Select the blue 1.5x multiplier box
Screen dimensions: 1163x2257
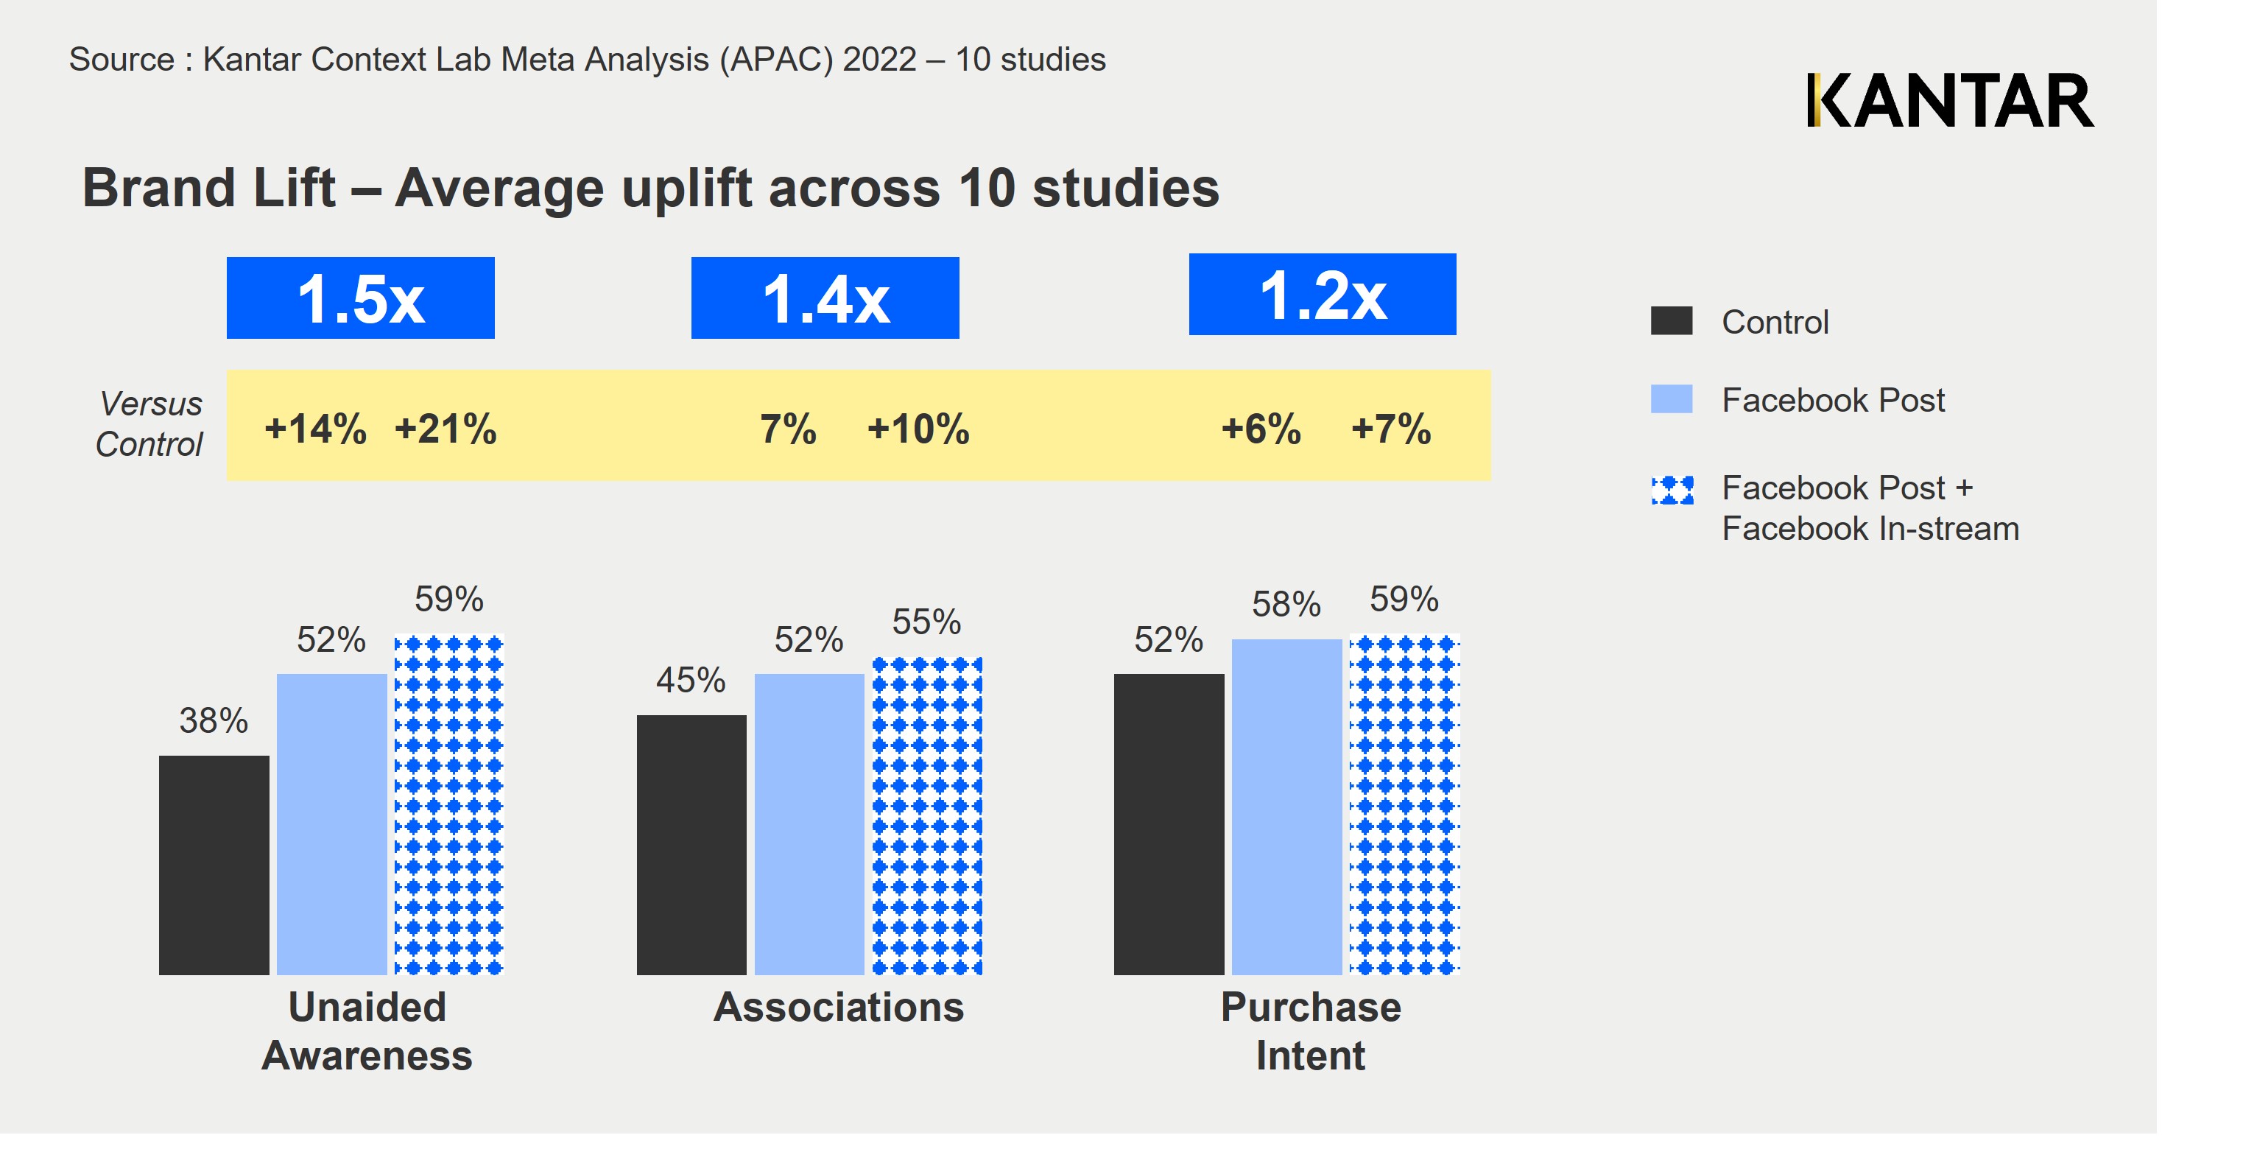coord(360,298)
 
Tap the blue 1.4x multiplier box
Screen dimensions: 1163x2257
coord(825,298)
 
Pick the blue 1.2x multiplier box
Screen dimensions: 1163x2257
coord(1322,295)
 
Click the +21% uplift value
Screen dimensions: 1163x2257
coord(445,429)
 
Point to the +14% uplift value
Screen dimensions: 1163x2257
coord(315,429)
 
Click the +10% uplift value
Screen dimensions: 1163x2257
coord(918,429)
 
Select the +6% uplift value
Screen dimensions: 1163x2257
coord(1261,429)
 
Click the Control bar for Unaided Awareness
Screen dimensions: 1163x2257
coord(214,864)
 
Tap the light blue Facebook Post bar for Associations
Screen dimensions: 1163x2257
coord(809,824)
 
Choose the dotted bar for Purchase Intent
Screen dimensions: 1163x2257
coord(1404,804)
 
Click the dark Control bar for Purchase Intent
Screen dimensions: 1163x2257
coord(1169,824)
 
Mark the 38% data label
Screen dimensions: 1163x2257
coord(214,720)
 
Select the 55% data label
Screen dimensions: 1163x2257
coord(926,622)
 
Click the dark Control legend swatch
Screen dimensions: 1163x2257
coord(1671,321)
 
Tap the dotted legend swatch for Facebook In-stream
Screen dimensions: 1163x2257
coord(1672,490)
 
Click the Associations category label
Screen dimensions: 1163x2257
coord(839,1007)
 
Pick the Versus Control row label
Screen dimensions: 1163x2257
coord(149,424)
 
